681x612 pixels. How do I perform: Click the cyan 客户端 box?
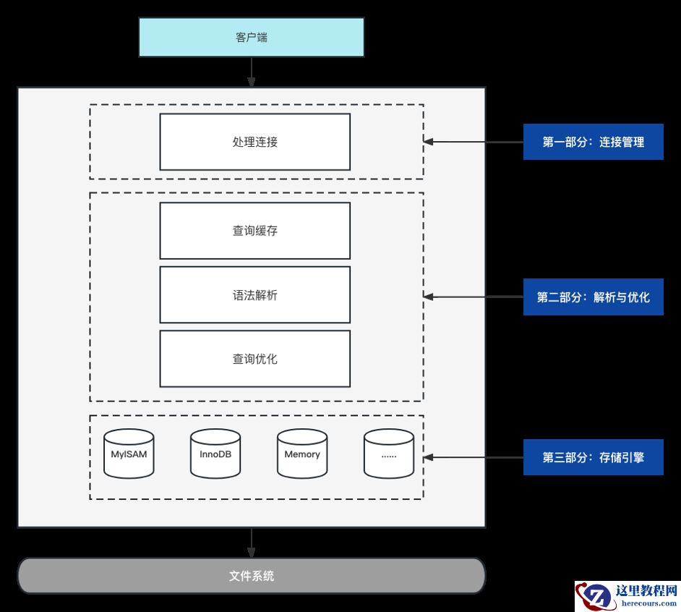pyautogui.click(x=251, y=37)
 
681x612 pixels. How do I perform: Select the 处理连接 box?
pyautogui.click(x=254, y=142)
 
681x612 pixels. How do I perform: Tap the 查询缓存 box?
pyautogui.click(x=254, y=231)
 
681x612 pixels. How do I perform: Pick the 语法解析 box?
pyautogui.click(x=254, y=295)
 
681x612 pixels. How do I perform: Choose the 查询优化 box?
pyautogui.click(x=254, y=359)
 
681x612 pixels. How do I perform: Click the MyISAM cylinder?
pyautogui.click(x=129, y=454)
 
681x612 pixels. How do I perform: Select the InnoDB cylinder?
pyautogui.click(x=215, y=454)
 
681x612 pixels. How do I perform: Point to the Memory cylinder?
pyautogui.click(x=302, y=454)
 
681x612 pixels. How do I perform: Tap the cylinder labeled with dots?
pyautogui.click(x=389, y=454)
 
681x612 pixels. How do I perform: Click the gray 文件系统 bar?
pyautogui.click(x=251, y=577)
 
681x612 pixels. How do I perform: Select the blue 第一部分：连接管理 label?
pyautogui.click(x=593, y=142)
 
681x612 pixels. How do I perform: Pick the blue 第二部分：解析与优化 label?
pyautogui.click(x=593, y=297)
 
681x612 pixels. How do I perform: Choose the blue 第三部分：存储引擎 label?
pyautogui.click(x=593, y=457)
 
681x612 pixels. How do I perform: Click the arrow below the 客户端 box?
pyautogui.click(x=252, y=72)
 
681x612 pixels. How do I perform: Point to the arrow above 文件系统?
pyautogui.click(x=252, y=543)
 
